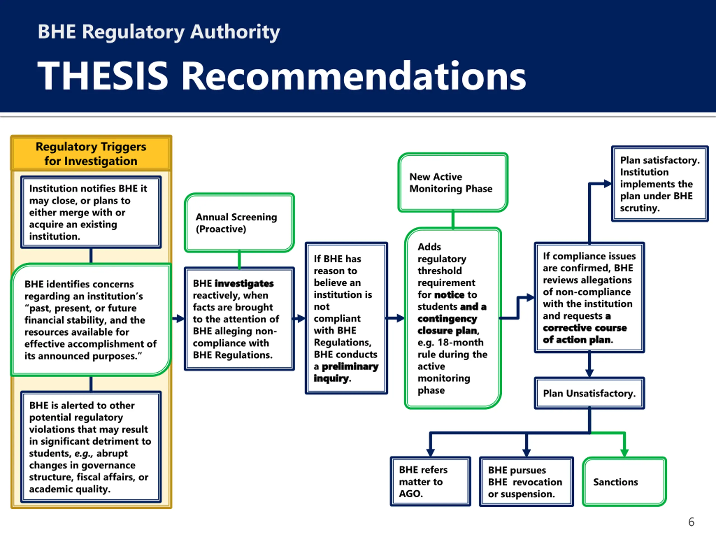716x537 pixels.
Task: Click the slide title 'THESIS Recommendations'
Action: coord(282,76)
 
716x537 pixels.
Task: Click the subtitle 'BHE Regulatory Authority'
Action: coord(159,32)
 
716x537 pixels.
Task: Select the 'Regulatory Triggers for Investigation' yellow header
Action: coord(91,154)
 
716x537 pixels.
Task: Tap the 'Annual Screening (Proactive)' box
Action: coord(239,223)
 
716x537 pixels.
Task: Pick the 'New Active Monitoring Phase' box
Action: coord(453,183)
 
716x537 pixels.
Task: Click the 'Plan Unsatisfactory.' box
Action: coord(589,393)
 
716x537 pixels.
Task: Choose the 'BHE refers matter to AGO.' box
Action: coord(430,482)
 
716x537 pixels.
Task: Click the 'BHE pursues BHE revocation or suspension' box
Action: coord(526,482)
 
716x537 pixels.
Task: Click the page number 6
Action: coord(691,522)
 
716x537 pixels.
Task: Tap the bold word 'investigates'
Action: coord(244,284)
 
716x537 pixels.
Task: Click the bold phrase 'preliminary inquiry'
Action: coord(346,372)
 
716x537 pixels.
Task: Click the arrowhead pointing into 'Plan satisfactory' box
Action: coord(607,184)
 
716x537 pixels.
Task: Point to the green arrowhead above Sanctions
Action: coord(624,453)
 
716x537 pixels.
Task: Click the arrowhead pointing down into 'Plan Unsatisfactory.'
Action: coord(589,373)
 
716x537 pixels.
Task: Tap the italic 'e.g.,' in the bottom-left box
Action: coord(84,453)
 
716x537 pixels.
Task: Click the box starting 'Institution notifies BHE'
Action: coord(91,212)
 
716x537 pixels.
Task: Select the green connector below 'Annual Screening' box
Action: coord(239,260)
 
